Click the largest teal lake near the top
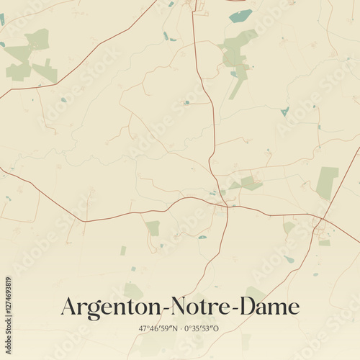(240, 16)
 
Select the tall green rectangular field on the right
(327, 181)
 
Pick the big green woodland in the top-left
(30, 56)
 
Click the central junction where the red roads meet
(226, 205)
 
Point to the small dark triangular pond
(285, 111)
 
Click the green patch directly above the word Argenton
(132, 290)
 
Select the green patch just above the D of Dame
(254, 293)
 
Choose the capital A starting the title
(70, 307)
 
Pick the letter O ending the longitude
(217, 328)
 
